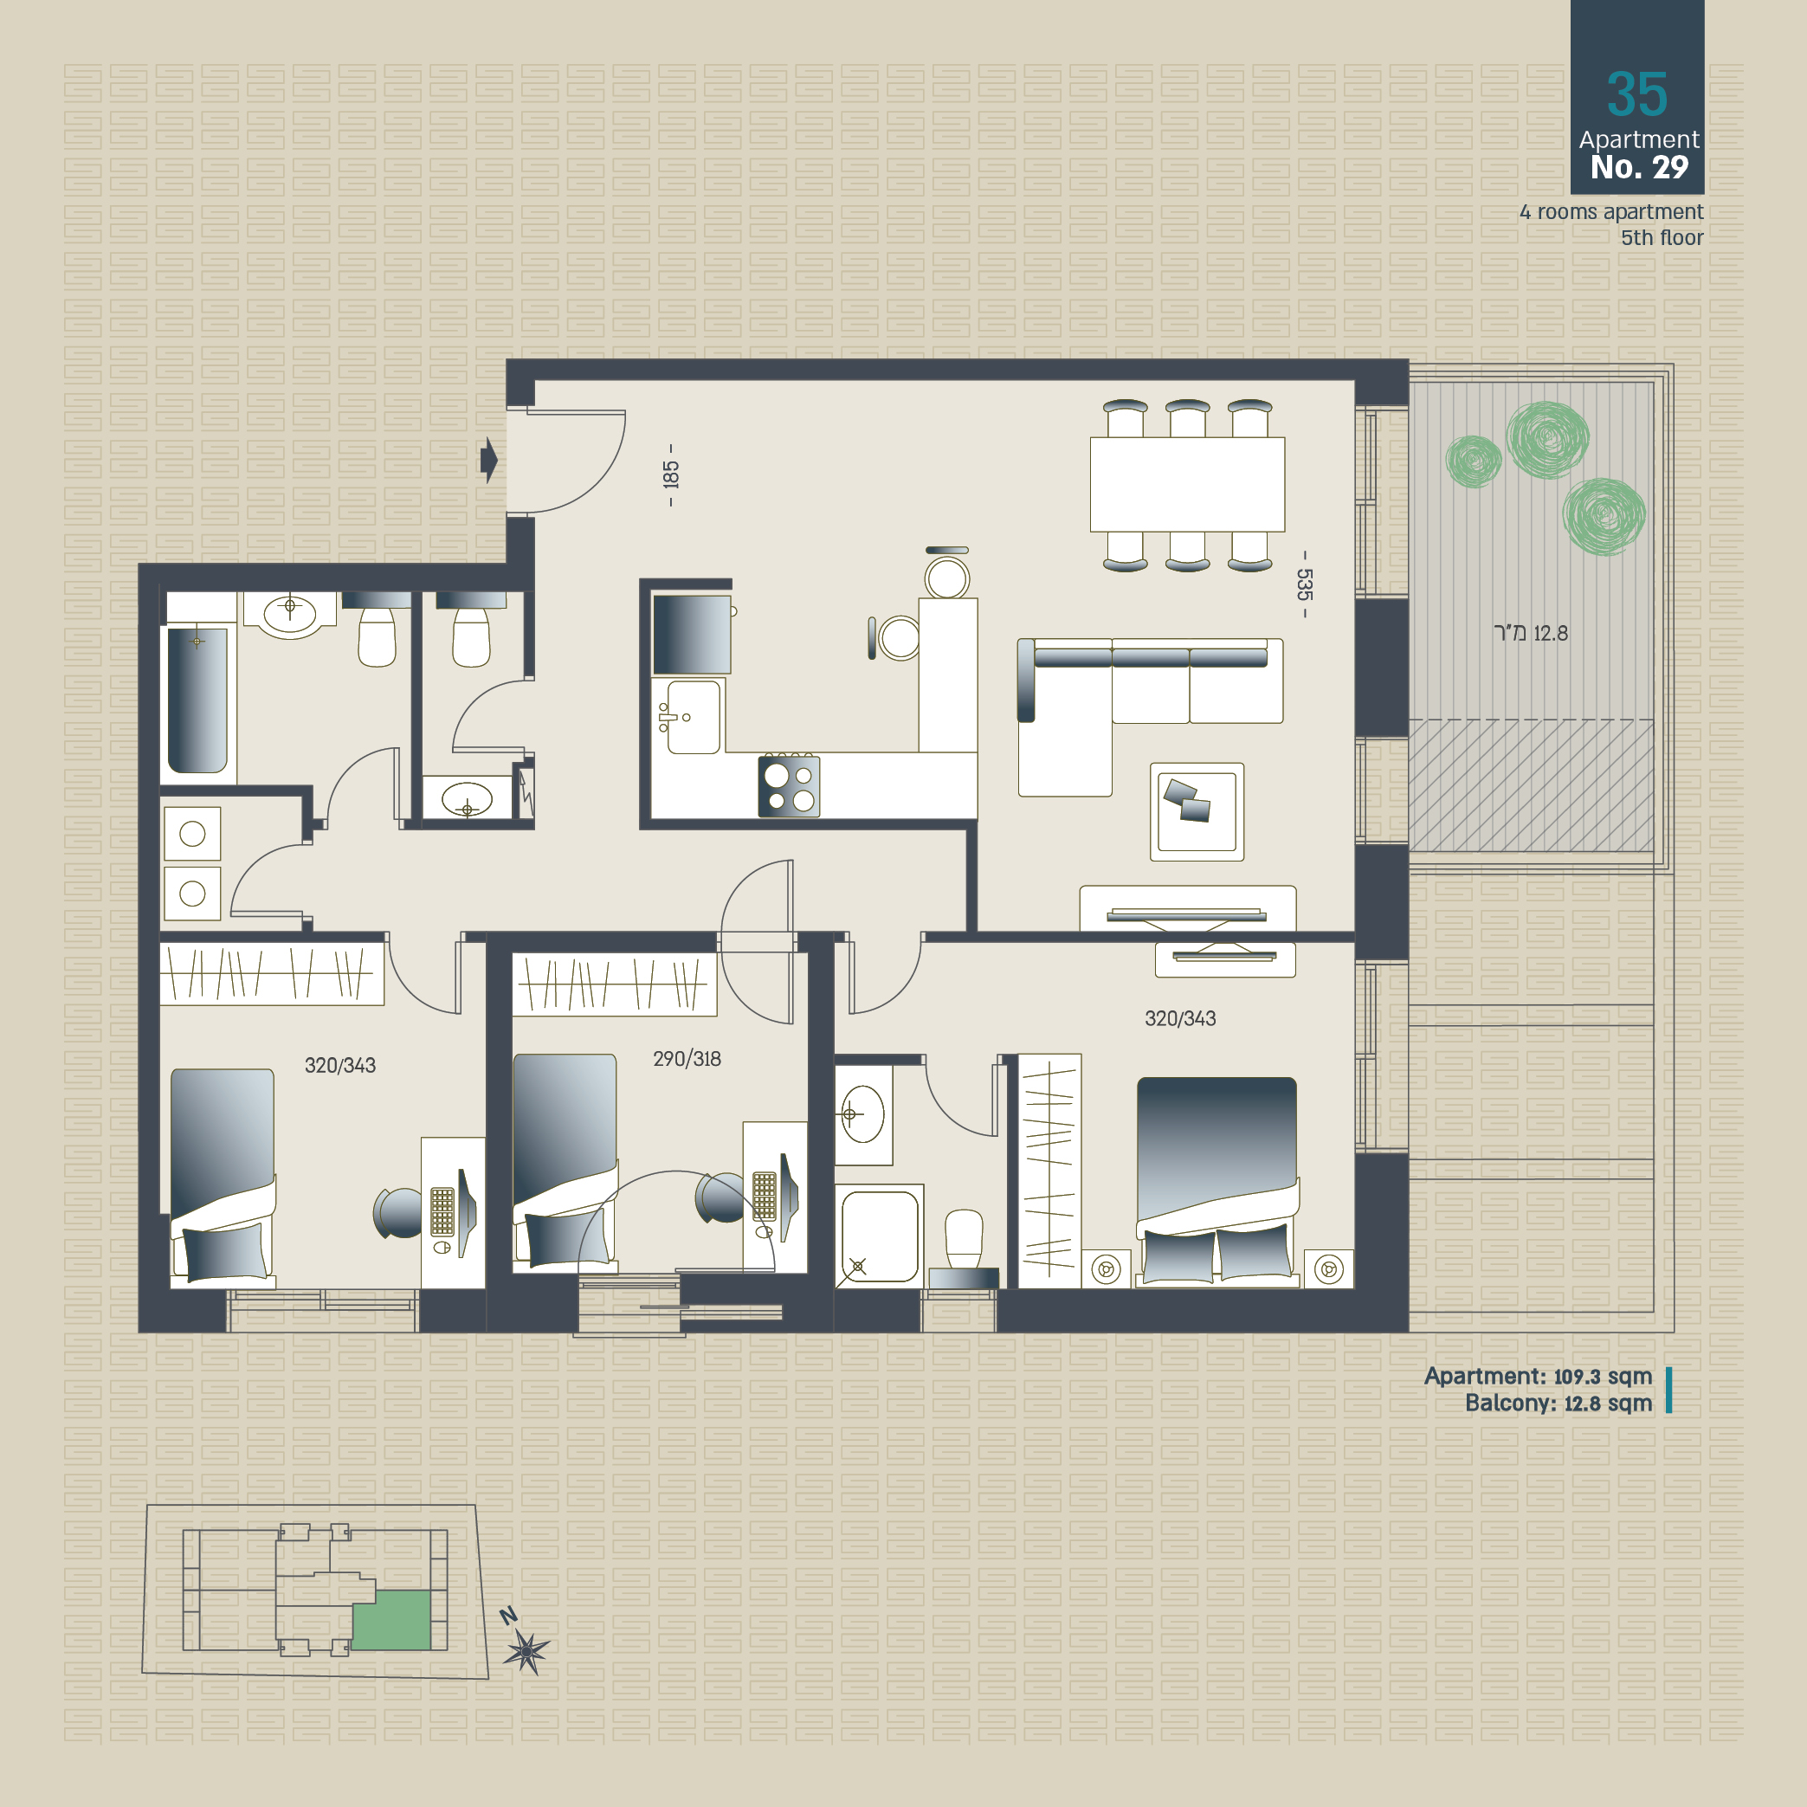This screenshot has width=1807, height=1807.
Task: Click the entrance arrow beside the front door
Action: point(488,460)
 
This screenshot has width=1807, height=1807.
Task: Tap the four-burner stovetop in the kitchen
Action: point(789,786)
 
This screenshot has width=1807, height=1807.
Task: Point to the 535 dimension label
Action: point(1305,584)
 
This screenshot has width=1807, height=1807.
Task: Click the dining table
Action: point(1187,485)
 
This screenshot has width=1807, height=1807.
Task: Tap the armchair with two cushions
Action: point(1197,812)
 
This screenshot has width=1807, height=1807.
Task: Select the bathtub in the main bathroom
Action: point(197,700)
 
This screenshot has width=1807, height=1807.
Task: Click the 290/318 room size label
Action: point(687,1059)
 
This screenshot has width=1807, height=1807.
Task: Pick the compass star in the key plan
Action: point(526,1652)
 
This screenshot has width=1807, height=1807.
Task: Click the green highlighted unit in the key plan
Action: point(392,1621)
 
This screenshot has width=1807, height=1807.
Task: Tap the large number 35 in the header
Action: point(1636,94)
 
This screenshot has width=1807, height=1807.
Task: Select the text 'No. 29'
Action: point(1639,167)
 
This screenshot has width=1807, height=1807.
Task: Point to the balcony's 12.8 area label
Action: point(1531,633)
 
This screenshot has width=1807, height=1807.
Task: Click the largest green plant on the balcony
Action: point(1547,439)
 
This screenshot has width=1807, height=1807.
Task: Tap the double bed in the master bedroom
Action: point(1216,1180)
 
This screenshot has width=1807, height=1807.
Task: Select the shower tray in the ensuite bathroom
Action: point(879,1236)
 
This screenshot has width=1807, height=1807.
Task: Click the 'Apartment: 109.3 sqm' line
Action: point(1538,1376)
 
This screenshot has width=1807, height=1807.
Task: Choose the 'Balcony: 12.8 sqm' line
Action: point(1559,1403)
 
